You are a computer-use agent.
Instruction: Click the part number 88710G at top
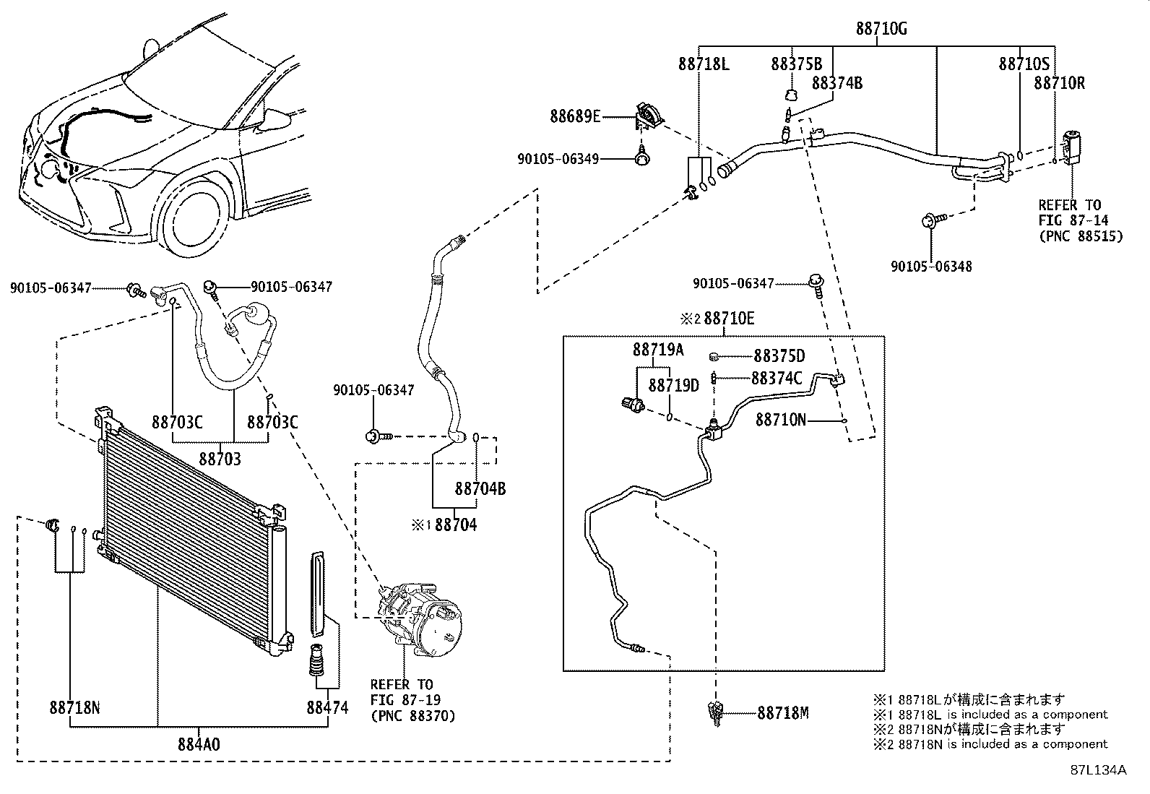point(881,29)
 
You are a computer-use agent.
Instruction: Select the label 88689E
point(575,116)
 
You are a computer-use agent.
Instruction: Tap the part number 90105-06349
point(558,159)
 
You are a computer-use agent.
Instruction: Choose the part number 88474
point(327,707)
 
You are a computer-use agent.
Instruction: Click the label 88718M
point(783,713)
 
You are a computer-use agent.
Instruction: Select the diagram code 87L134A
point(1098,769)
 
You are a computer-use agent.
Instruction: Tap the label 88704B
point(480,489)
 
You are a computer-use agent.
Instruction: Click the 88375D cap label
point(779,356)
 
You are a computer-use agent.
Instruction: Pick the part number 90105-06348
point(931,267)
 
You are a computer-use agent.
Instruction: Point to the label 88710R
point(1059,83)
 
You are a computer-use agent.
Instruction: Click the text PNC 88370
point(412,716)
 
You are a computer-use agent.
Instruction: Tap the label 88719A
point(658,350)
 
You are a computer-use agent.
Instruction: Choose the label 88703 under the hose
point(220,459)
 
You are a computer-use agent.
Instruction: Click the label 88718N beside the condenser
point(75,707)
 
